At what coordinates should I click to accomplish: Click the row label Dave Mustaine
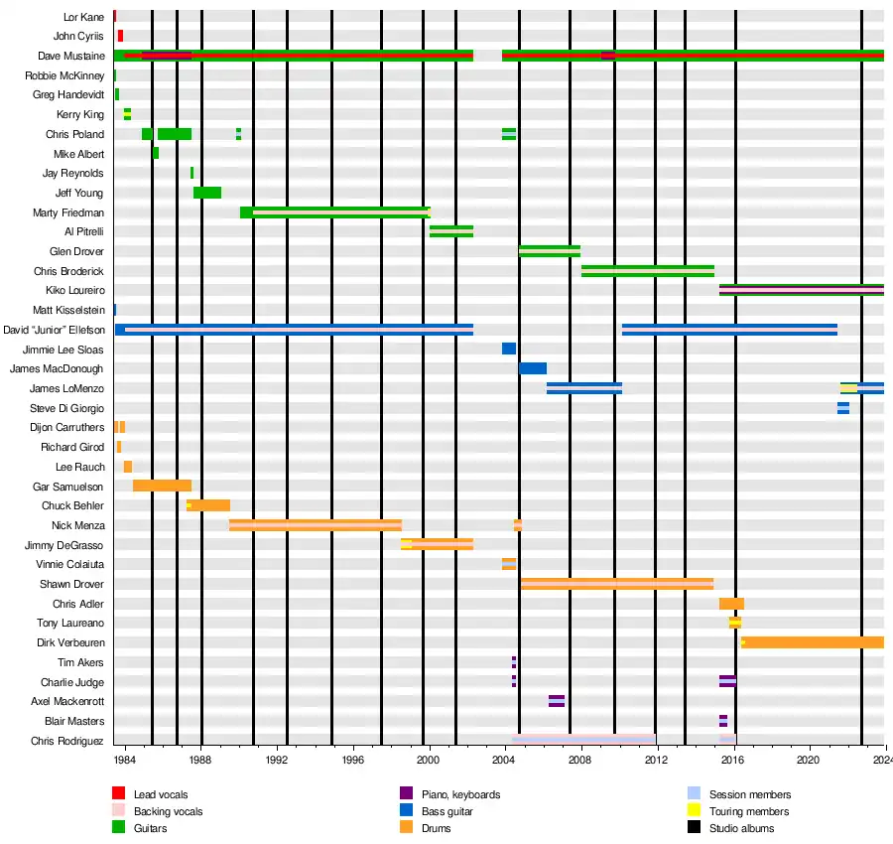coord(70,56)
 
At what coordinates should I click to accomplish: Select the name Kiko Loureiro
coord(74,290)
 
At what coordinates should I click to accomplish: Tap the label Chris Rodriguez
coord(66,741)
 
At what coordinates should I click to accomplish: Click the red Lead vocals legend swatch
coord(118,793)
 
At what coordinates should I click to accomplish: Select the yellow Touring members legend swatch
coord(695,811)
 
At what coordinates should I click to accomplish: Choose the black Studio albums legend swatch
coord(695,828)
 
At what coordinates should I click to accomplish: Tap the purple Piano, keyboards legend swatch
coord(406,793)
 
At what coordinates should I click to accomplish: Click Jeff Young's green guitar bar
coord(207,193)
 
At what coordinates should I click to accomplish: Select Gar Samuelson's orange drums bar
coord(162,486)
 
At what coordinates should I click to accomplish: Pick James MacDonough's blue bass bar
coord(533,368)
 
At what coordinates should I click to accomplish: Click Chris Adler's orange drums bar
coord(731,604)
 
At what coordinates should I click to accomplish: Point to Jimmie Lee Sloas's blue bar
coord(509,349)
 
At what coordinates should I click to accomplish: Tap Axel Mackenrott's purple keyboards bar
coord(557,701)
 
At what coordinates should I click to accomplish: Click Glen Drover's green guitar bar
coord(550,251)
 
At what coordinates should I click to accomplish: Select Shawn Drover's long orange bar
coord(617,584)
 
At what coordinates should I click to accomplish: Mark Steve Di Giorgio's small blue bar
coord(843,408)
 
